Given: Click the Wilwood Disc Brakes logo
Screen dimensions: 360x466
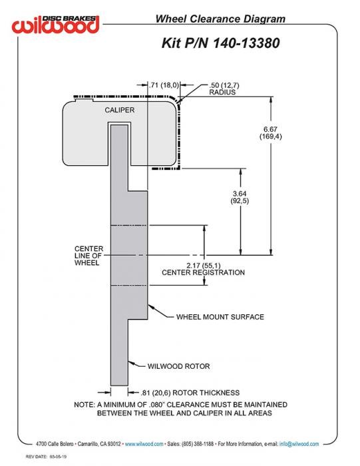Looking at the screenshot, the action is [x=55, y=24].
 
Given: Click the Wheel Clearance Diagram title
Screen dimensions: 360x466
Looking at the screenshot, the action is [x=220, y=19].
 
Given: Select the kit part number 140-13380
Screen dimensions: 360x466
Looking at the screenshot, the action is [x=246, y=43].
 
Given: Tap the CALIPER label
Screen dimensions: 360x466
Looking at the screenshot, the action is [x=119, y=110].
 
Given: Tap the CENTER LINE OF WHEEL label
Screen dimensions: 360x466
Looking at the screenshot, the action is [x=89, y=256].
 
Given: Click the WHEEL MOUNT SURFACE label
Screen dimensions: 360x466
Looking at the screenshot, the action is [x=220, y=317].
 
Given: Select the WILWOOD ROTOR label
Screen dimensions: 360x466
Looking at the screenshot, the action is [x=178, y=366].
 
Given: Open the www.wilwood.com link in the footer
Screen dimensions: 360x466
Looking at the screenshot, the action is [x=144, y=444].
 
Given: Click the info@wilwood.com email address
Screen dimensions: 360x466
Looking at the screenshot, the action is [x=299, y=444].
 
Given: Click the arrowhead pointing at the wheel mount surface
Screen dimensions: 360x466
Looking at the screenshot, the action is [x=150, y=307].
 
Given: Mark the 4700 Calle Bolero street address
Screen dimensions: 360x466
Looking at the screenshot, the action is [x=55, y=444].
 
